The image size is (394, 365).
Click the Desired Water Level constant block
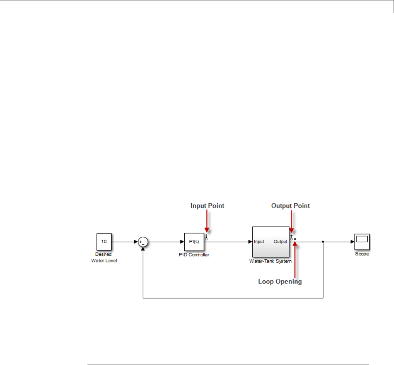[104, 242]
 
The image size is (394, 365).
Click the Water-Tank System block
[270, 242]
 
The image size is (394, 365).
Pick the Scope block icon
[362, 242]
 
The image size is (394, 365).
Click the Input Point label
[207, 206]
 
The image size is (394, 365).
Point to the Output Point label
[290, 206]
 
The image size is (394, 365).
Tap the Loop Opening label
[280, 281]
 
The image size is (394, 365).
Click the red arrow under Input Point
[207, 223]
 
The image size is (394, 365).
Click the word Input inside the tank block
[259, 242]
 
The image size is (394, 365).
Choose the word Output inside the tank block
[280, 242]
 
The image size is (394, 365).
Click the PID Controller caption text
[194, 255]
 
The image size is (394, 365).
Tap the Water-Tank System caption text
[270, 261]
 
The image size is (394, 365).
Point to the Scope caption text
[362, 254]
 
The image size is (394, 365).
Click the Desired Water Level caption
[104, 258]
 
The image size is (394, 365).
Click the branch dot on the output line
[323, 242]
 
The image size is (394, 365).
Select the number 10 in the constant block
[104, 241]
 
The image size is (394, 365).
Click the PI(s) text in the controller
[194, 242]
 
